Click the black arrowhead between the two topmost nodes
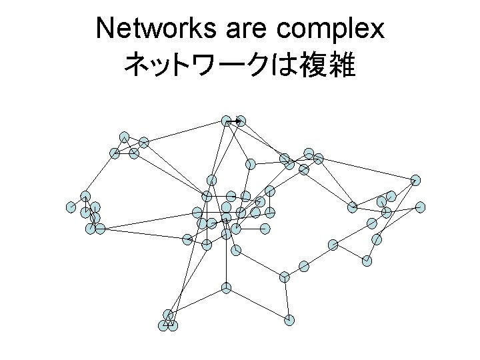tap(238, 121)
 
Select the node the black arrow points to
tap(241, 121)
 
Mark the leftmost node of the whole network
tap(71, 207)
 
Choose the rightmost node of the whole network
tap(420, 207)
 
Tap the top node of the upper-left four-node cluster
tap(125, 137)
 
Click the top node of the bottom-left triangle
tap(168, 314)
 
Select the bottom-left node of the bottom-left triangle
tap(163, 325)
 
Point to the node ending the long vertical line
tap(227, 288)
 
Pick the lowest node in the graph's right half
tap(289, 319)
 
